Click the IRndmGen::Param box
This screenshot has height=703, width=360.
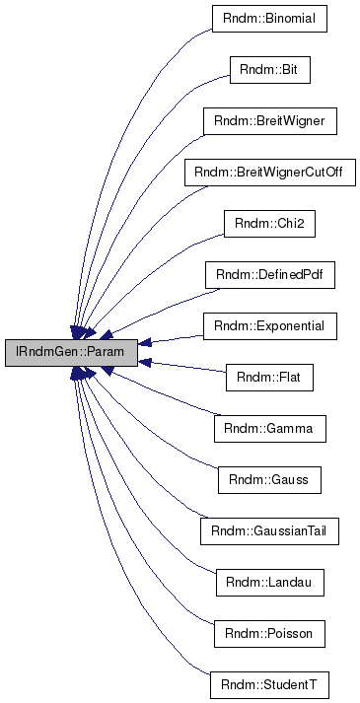click(71, 352)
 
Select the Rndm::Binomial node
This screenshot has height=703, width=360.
click(270, 19)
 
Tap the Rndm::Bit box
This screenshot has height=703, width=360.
click(270, 70)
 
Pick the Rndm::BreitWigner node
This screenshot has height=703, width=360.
click(270, 121)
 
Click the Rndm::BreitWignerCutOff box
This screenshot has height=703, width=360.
click(270, 173)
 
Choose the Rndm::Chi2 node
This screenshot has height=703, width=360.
click(270, 224)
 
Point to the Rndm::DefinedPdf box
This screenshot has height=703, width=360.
click(270, 275)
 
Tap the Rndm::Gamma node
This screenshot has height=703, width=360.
click(270, 429)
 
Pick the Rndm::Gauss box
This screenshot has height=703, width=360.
click(270, 480)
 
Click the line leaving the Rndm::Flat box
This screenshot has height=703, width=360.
click(187, 368)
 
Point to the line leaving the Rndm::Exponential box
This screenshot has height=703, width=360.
click(178, 337)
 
